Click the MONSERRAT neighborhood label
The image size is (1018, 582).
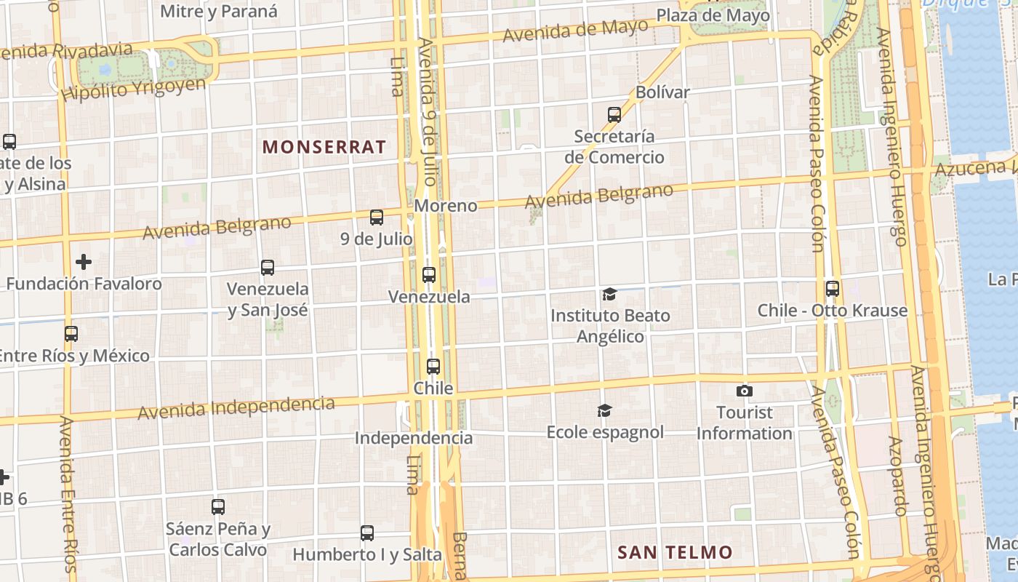pyautogui.click(x=324, y=146)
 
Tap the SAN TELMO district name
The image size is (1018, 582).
pyautogui.click(x=675, y=552)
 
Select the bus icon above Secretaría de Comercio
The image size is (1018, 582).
pyautogui.click(x=614, y=114)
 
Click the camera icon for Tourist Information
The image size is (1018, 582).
pyautogui.click(x=744, y=391)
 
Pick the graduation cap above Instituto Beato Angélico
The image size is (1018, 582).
pyautogui.click(x=609, y=294)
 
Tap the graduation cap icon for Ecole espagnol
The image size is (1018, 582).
pyautogui.click(x=604, y=411)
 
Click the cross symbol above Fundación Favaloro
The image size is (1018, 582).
pyautogui.click(x=84, y=262)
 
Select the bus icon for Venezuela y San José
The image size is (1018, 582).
pyautogui.click(x=268, y=268)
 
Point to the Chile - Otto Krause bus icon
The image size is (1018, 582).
pyautogui.click(x=833, y=289)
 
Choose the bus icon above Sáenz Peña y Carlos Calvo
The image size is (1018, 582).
pyautogui.click(x=218, y=507)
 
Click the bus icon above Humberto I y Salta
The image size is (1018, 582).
pyautogui.click(x=367, y=533)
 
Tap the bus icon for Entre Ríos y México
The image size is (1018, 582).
pyautogui.click(x=71, y=334)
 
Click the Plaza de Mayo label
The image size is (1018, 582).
pyautogui.click(x=713, y=15)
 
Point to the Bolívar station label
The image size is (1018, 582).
pyautogui.click(x=662, y=92)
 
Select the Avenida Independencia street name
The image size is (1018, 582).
pyautogui.click(x=236, y=408)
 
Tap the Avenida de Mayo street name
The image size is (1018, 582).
pyautogui.click(x=574, y=31)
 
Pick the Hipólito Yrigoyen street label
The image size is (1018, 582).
pyautogui.click(x=134, y=89)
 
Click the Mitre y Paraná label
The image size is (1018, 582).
pyautogui.click(x=218, y=11)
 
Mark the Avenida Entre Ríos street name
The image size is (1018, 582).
pyautogui.click(x=67, y=495)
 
